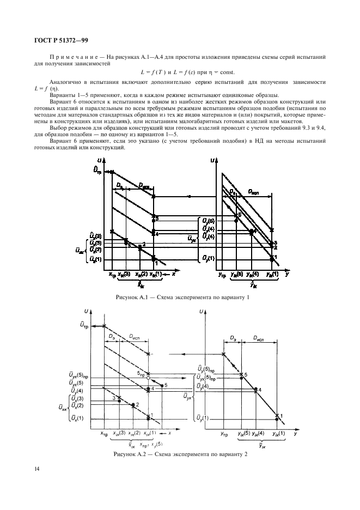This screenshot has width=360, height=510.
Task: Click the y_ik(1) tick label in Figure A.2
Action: tap(276, 433)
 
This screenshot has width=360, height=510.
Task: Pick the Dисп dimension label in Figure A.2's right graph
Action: tap(260, 338)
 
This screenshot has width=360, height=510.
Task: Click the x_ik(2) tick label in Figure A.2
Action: tap(134, 433)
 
